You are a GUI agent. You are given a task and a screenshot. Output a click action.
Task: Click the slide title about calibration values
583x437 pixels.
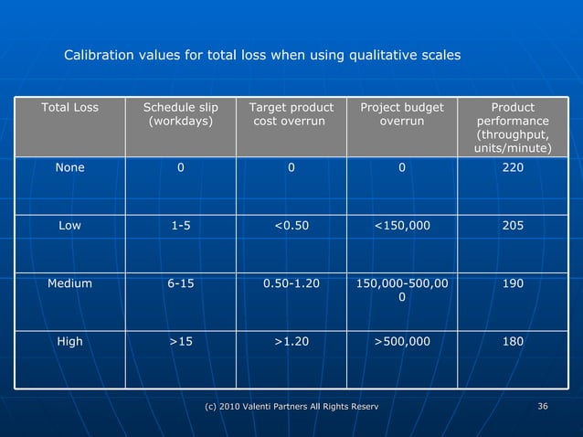tap(262, 56)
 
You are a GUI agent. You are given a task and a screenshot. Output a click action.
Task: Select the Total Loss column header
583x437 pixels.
tap(70, 108)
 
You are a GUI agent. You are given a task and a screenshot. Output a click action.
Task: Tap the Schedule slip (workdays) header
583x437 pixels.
tap(181, 114)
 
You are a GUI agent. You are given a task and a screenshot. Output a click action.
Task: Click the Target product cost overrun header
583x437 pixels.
tap(291, 114)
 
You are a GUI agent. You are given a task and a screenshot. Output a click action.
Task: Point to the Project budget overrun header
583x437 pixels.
tap(401, 114)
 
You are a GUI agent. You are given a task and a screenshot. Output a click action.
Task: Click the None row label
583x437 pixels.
tap(70, 168)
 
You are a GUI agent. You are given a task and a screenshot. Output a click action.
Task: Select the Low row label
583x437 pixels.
tap(70, 226)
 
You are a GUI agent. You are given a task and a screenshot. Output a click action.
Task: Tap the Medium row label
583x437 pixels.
tap(70, 283)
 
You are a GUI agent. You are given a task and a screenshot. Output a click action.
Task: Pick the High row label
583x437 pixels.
tap(70, 341)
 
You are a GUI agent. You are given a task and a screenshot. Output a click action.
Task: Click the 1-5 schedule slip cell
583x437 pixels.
tap(181, 226)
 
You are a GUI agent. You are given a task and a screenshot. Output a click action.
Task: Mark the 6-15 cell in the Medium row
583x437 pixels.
tap(181, 283)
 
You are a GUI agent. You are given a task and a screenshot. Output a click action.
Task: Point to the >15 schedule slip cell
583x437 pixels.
tap(181, 341)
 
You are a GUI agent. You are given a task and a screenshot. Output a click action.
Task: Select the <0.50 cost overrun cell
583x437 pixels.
tap(291, 226)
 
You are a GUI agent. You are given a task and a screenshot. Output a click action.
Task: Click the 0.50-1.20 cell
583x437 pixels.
tap(291, 283)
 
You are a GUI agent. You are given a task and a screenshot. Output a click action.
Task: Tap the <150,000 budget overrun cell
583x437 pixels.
tap(401, 226)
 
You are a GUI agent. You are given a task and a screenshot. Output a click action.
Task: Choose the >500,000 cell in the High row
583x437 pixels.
tap(401, 341)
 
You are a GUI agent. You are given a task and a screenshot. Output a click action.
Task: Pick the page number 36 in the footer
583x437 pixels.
tap(543, 406)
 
